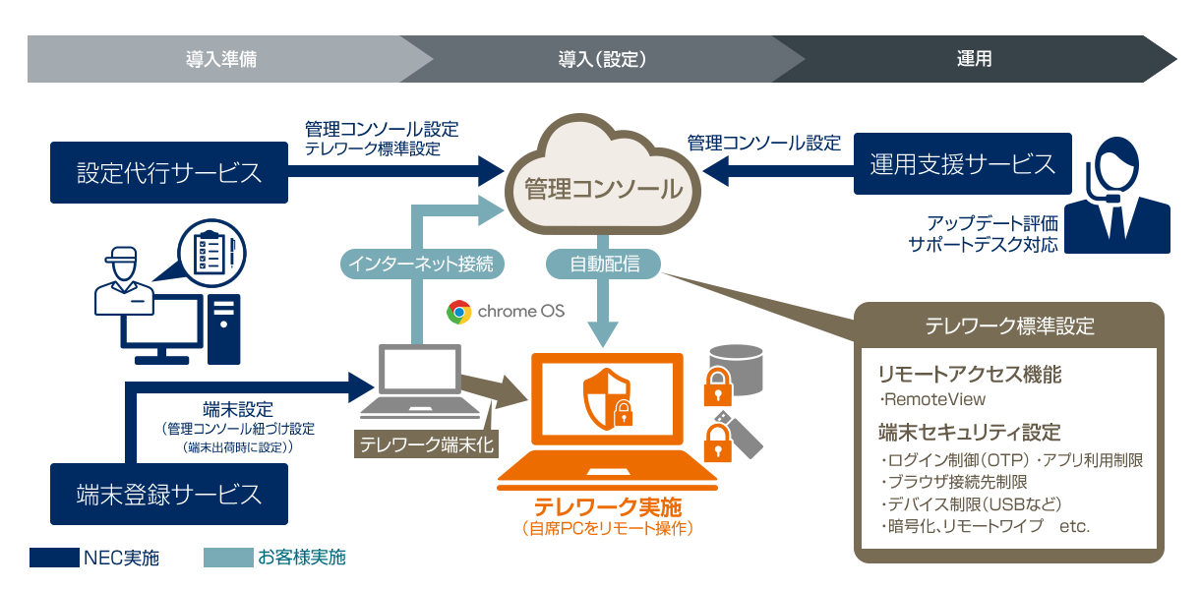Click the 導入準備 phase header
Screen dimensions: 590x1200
[x=220, y=59]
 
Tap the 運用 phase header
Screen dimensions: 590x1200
[x=974, y=59]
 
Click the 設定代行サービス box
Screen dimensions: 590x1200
[x=169, y=173]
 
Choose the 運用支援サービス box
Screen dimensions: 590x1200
[x=962, y=163]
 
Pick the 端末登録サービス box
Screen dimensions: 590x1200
[x=169, y=494]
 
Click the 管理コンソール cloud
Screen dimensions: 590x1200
[x=603, y=188]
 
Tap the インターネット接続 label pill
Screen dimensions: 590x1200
[x=423, y=264]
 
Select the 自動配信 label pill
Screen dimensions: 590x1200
[x=604, y=264]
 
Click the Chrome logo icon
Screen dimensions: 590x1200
[x=458, y=312]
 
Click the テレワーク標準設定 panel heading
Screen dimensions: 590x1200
[x=1009, y=325]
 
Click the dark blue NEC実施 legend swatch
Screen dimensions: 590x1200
[x=53, y=558]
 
